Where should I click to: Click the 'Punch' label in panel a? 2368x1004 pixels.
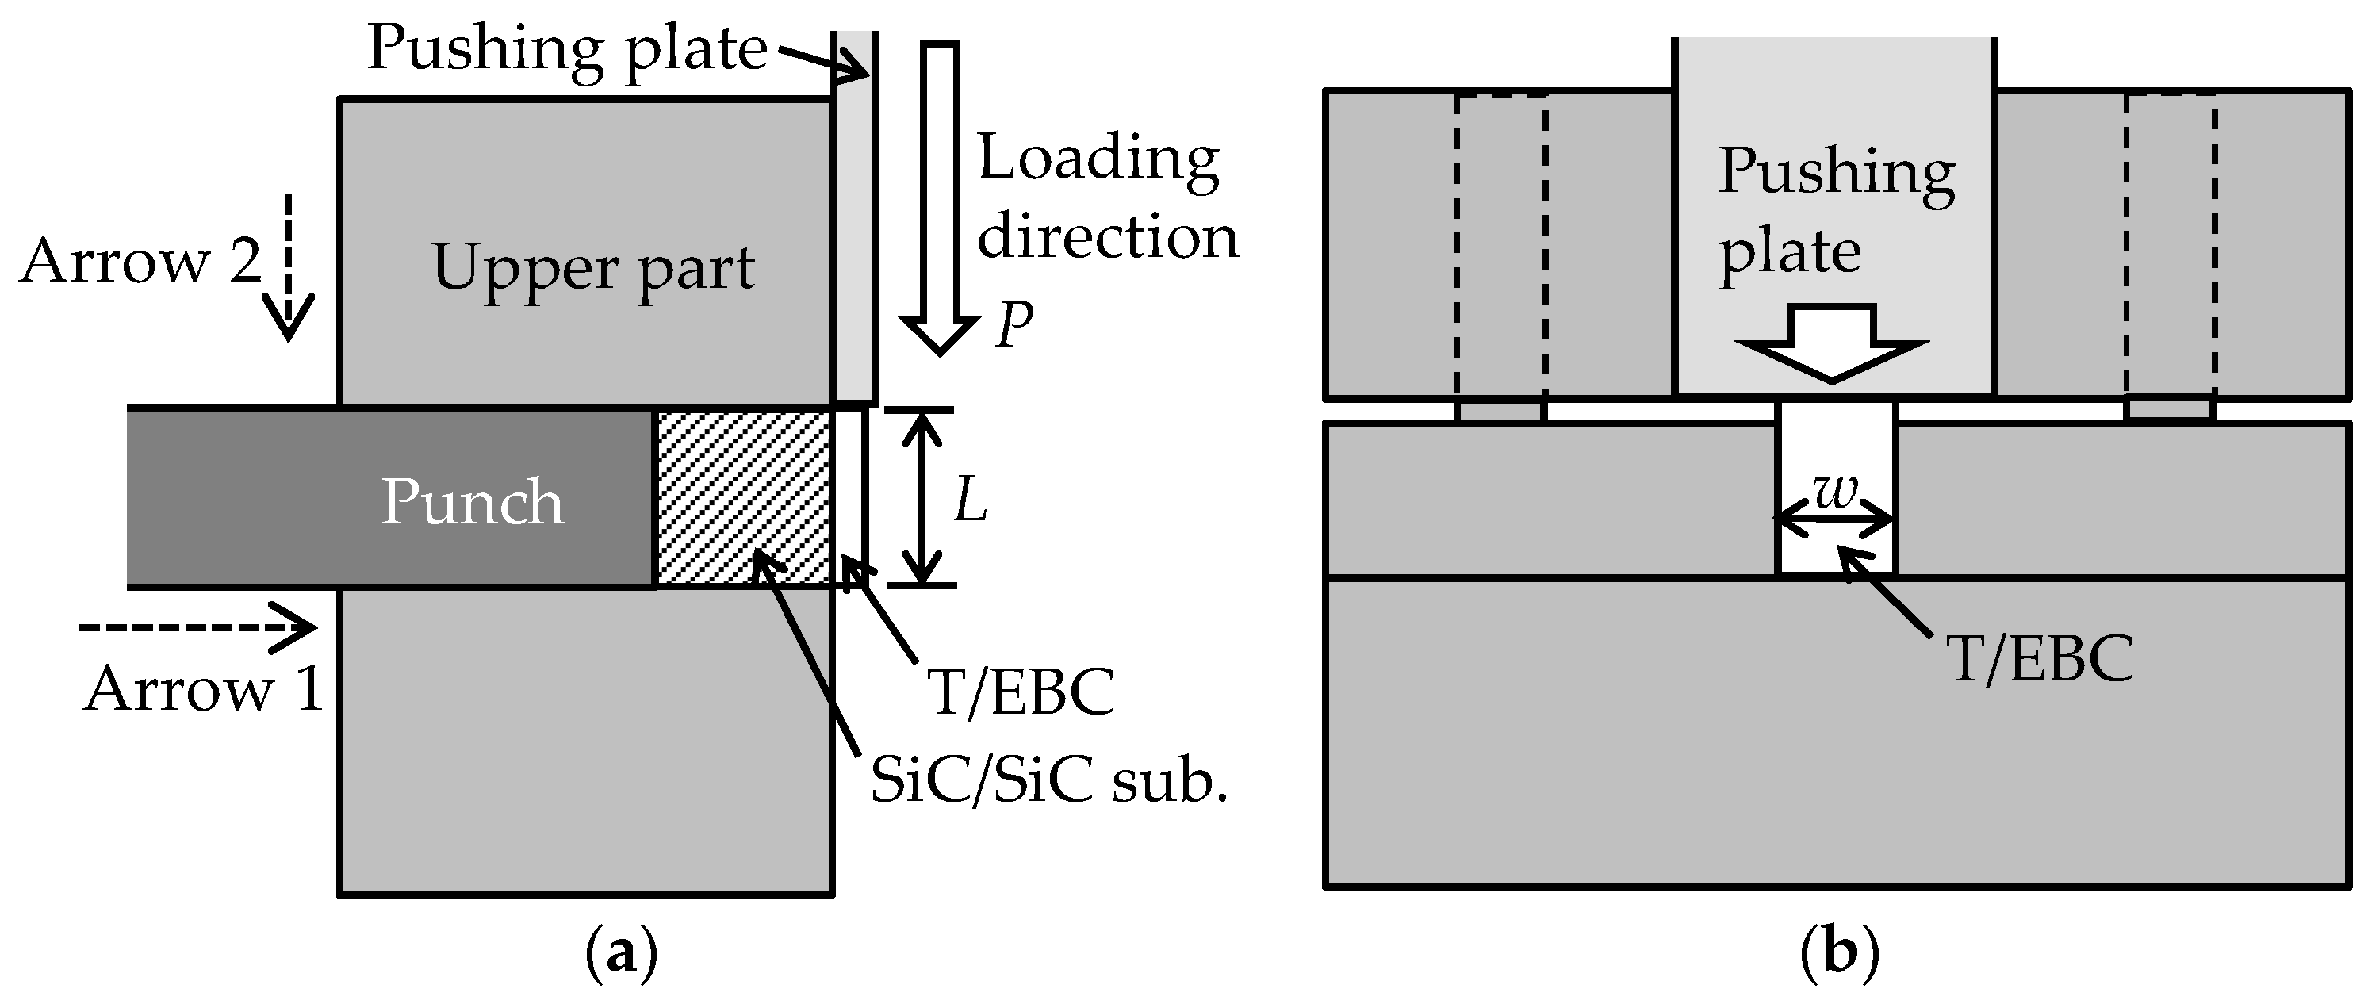[472, 502]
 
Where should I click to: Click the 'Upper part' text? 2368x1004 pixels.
[593, 267]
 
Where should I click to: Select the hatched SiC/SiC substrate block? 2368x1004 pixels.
[743, 497]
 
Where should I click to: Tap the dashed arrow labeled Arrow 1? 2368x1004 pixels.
[197, 628]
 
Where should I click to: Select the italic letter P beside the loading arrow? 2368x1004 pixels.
[1015, 324]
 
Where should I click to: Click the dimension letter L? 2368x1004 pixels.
[970, 502]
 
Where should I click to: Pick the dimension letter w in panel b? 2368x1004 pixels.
[1836, 492]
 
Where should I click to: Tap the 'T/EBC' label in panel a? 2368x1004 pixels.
[1021, 692]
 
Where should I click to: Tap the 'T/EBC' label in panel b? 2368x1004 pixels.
[2040, 659]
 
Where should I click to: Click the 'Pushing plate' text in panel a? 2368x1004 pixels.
[567, 48]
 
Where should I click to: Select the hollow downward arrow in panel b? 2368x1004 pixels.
[1832, 344]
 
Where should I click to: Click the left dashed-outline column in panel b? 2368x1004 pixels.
[1501, 248]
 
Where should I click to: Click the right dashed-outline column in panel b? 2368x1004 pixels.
[2171, 248]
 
